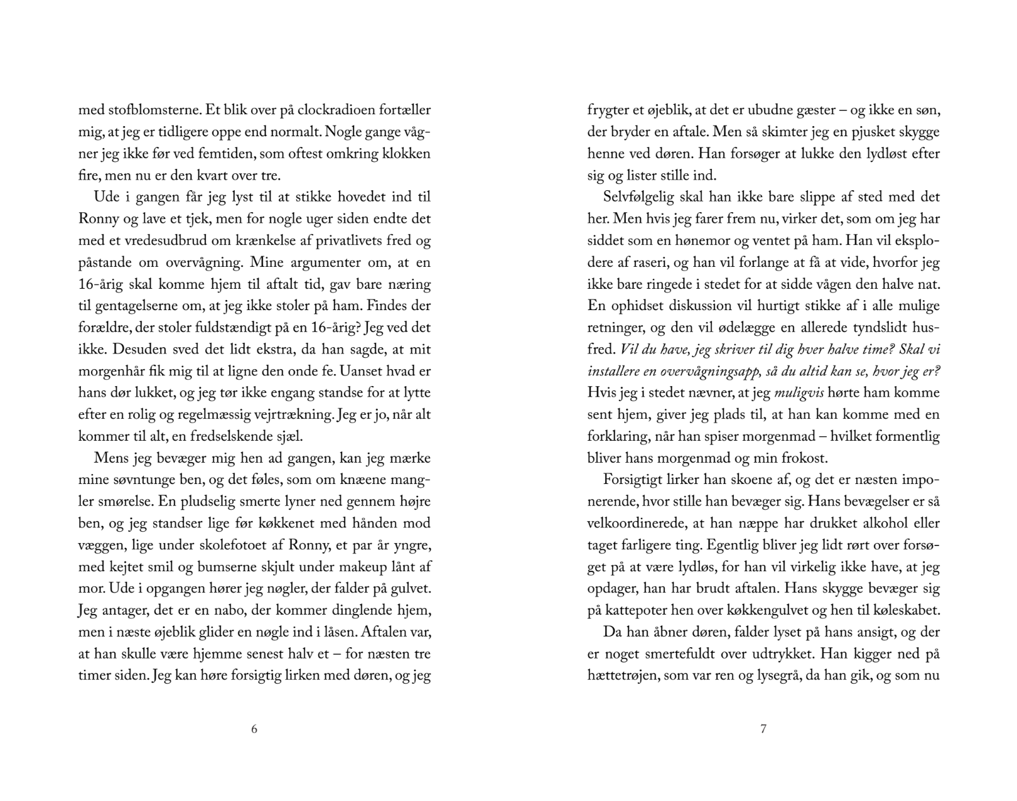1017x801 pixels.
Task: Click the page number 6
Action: [x=254, y=729]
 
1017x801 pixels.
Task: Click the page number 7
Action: [x=763, y=729]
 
